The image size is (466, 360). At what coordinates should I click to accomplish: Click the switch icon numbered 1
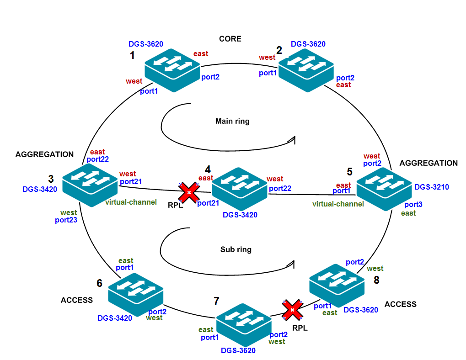point(172,70)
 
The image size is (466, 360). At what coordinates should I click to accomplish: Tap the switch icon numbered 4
point(240,188)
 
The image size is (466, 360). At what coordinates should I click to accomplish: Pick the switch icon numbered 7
point(244,324)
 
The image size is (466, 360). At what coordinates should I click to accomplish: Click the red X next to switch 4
point(187,193)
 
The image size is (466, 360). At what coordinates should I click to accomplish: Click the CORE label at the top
point(230,39)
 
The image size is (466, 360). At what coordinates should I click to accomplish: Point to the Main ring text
point(232,121)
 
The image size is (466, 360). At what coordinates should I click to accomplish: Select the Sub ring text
point(236,249)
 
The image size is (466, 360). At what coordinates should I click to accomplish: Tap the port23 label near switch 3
point(66,220)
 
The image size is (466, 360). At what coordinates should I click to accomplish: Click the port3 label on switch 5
point(413,205)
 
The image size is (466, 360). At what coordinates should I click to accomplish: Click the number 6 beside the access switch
point(99,283)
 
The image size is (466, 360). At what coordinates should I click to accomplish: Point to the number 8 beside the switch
point(376,280)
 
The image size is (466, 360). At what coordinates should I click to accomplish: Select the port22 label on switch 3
point(97,159)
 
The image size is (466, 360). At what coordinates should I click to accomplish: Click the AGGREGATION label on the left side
point(44,154)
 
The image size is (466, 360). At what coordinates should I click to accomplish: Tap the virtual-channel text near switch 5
point(338,204)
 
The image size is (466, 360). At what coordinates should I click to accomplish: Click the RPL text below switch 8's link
point(300,328)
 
